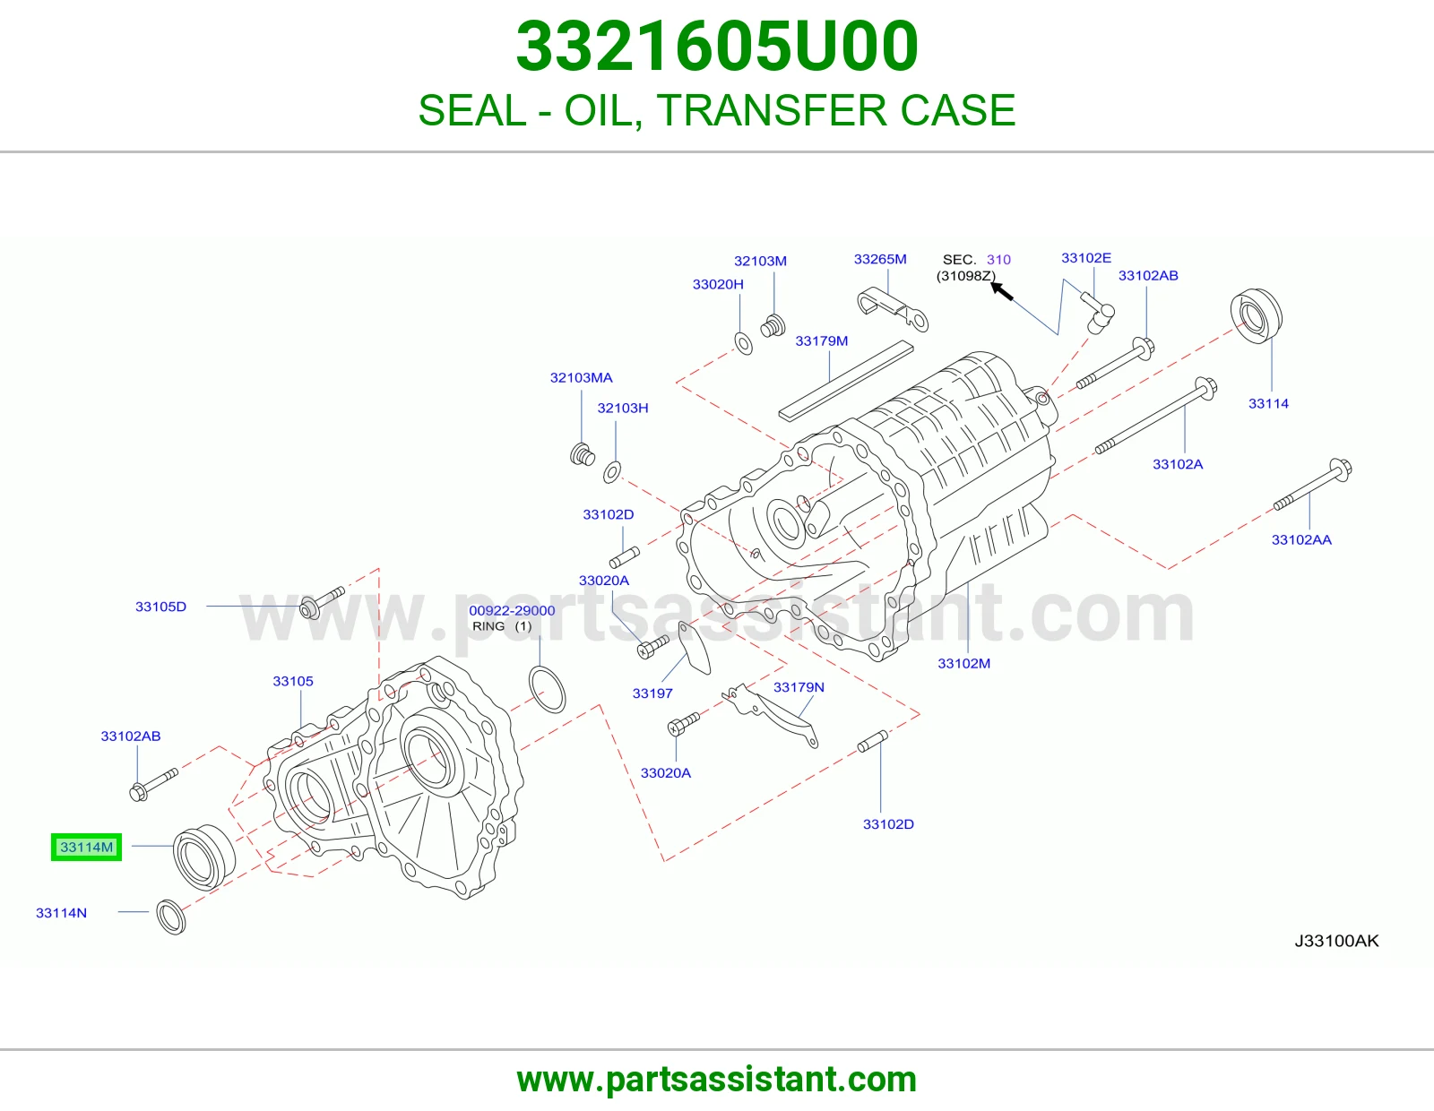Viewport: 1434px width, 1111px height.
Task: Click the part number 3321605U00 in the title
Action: click(x=717, y=47)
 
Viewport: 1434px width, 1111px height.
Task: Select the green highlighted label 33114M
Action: click(x=86, y=847)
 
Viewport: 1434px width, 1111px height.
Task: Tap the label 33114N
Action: click(x=61, y=913)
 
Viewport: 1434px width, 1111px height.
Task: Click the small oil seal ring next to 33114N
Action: click(x=171, y=917)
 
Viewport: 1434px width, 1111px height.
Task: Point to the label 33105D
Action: click(x=161, y=607)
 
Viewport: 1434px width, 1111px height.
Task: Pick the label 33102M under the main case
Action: click(x=964, y=663)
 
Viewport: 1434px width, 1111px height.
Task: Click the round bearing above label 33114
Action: click(x=1257, y=315)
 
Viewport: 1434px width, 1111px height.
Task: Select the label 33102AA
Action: click(x=1301, y=539)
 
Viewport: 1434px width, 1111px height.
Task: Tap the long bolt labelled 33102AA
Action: click(x=1313, y=484)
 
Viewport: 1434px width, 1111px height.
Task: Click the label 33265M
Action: click(x=880, y=259)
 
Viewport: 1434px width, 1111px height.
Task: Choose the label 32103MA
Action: click(x=582, y=377)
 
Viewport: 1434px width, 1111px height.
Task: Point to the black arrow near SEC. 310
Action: click(x=1002, y=291)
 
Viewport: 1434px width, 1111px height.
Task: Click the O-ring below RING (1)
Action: click(x=547, y=690)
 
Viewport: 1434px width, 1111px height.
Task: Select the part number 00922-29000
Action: click(x=512, y=610)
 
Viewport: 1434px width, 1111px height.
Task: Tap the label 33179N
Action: click(x=799, y=687)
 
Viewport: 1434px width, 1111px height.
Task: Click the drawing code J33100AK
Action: click(x=1337, y=941)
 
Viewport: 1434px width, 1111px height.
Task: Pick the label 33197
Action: click(x=652, y=693)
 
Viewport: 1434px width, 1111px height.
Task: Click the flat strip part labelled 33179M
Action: click(x=846, y=381)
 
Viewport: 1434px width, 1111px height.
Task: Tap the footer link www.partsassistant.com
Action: click(x=717, y=1080)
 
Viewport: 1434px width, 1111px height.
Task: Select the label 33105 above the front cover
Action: click(x=293, y=681)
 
